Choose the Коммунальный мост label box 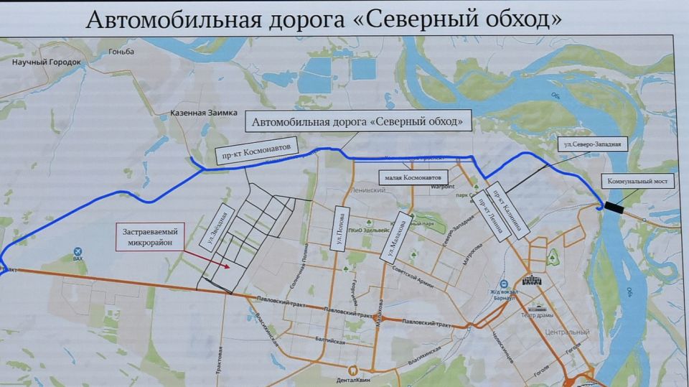tap(638, 182)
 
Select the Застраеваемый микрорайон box tap(150, 236)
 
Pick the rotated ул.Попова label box tap(340, 230)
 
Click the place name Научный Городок tap(47, 63)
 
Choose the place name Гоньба tap(121, 52)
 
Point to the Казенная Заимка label tap(197, 113)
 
